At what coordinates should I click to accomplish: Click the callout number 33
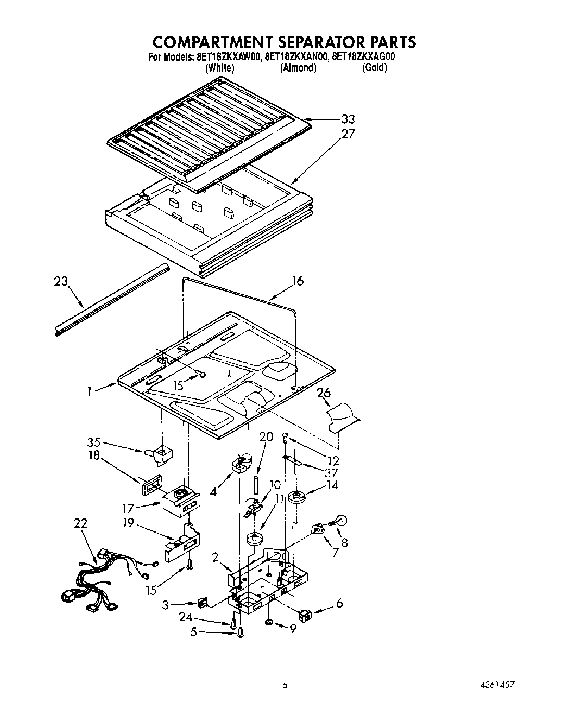point(348,119)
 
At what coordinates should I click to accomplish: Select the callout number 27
point(348,134)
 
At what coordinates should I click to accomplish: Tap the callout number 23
point(61,281)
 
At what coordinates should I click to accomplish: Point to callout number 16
point(297,281)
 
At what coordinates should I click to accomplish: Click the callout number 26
point(324,393)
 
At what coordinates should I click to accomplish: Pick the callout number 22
point(80,523)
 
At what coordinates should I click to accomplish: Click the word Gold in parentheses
point(374,68)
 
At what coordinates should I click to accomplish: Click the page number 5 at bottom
point(284,686)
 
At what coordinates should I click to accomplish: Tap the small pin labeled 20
point(255,484)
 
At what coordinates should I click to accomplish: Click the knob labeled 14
point(296,496)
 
